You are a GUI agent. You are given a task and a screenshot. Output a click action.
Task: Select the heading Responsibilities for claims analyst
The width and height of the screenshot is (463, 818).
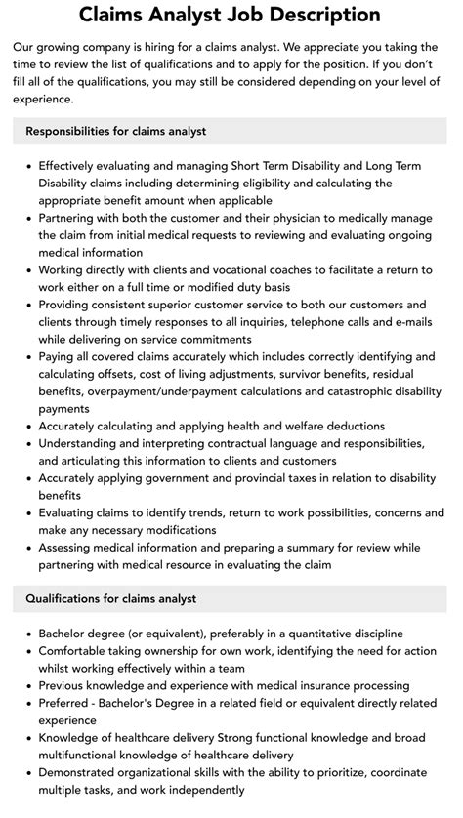click(116, 130)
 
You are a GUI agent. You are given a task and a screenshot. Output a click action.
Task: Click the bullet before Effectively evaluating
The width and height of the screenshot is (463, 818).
click(27, 165)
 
